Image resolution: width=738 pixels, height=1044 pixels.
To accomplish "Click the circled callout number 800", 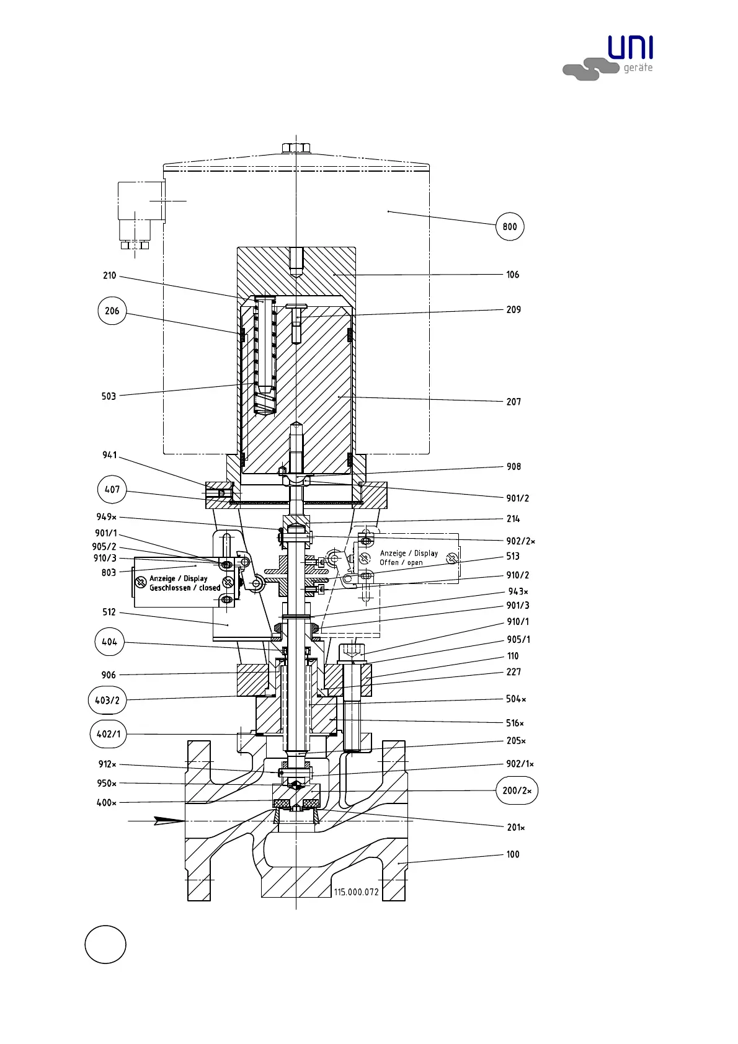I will point(510,227).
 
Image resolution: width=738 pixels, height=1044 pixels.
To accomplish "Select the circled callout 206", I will point(112,311).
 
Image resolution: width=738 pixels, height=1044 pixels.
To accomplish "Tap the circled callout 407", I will point(112,489).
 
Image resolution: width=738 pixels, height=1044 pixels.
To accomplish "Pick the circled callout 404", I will point(109,642).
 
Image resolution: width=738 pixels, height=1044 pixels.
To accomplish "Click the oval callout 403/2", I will point(107,701).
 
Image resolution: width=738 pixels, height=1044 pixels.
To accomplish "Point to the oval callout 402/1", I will point(109,734).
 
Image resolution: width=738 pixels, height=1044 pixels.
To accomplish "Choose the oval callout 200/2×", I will point(517,790).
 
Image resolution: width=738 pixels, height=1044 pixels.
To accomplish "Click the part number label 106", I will point(512,275).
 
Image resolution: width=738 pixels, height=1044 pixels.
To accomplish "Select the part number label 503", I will point(109,396).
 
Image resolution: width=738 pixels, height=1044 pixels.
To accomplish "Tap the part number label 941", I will point(109,455).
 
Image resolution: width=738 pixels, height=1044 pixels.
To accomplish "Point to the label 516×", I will point(515,723).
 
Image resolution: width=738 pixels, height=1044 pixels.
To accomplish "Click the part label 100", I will point(512,854).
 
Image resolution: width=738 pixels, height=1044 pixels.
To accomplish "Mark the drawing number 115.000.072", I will point(356,892).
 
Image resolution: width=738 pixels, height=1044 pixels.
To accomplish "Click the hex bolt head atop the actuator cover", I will point(296,148).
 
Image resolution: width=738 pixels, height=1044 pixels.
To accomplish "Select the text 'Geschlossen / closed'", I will point(185,588).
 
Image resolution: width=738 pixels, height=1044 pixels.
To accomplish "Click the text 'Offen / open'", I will point(401,563).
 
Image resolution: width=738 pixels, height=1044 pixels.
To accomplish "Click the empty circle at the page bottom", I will point(105,944).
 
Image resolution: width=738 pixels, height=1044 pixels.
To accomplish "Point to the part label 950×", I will point(107,784).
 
